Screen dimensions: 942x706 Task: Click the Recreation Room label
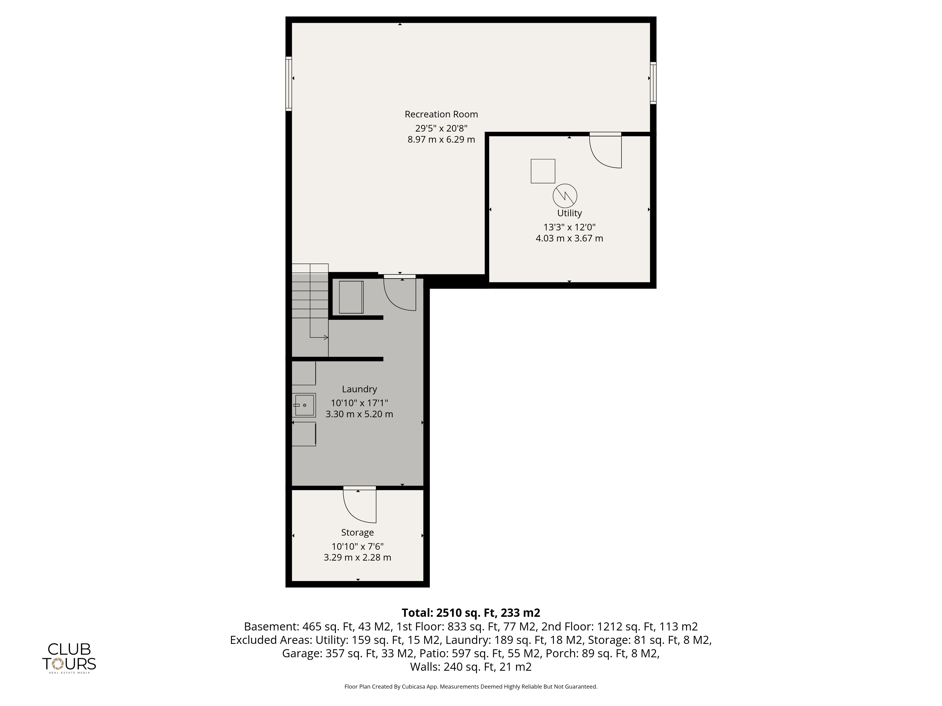click(x=441, y=114)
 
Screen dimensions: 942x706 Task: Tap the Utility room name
click(x=569, y=213)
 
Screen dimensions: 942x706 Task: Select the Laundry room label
click(x=359, y=389)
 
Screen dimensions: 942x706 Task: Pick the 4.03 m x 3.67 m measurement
click(x=569, y=238)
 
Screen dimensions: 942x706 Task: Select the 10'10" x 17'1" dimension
click(x=359, y=403)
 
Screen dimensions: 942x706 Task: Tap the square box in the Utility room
click(x=543, y=171)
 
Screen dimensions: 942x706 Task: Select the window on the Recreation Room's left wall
click(x=289, y=84)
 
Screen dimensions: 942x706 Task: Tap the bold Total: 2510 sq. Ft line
click(x=471, y=613)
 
